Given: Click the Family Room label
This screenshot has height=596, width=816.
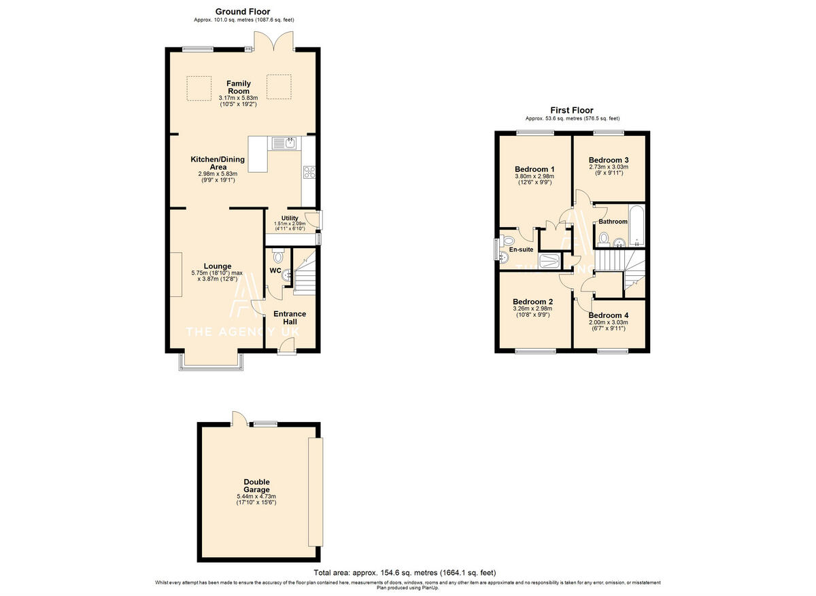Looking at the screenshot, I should pyautogui.click(x=239, y=88).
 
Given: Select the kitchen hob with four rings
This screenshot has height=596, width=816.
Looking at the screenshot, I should pyautogui.click(x=309, y=172).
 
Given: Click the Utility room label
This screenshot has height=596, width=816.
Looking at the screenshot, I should pyautogui.click(x=290, y=218).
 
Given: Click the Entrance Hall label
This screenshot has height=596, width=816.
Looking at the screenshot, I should pyautogui.click(x=290, y=318).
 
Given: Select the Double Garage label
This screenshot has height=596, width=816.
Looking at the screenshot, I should pyautogui.click(x=256, y=485).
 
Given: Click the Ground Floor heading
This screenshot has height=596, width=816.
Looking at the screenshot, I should pyautogui.click(x=242, y=12).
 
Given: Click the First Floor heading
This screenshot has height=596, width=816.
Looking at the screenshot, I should pyautogui.click(x=572, y=110).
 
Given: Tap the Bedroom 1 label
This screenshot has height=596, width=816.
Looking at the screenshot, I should pyautogui.click(x=534, y=169).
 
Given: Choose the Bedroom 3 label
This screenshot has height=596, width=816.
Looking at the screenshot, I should pyautogui.click(x=609, y=160).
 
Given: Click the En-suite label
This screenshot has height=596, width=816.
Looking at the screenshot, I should pyautogui.click(x=521, y=249).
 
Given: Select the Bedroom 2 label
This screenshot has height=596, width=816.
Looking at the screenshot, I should pyautogui.click(x=532, y=302).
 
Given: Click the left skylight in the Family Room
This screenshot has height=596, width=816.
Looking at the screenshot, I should pyautogui.click(x=199, y=87).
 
